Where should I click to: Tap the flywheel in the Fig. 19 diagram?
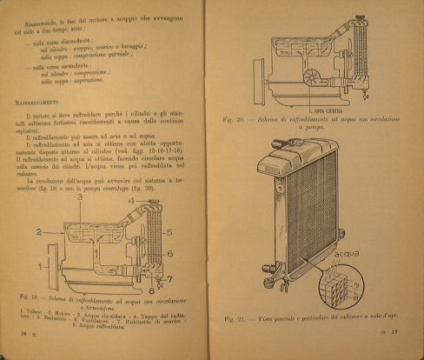tap(52, 261)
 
